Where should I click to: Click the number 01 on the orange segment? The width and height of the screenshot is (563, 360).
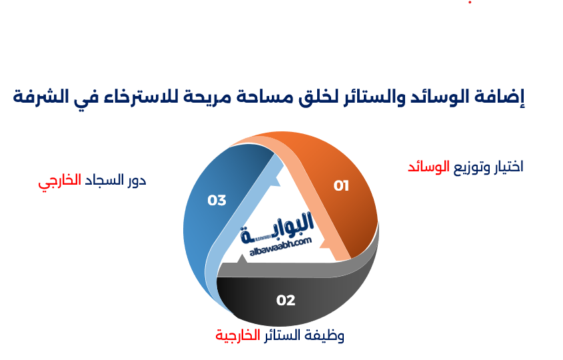[341, 186]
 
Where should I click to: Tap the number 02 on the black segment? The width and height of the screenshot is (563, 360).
[286, 301]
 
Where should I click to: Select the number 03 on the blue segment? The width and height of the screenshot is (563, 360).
[217, 200]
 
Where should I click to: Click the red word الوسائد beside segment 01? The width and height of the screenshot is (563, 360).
[428, 167]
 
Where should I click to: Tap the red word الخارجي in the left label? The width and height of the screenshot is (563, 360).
[59, 181]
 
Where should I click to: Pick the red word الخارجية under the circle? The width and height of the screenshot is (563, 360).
[237, 335]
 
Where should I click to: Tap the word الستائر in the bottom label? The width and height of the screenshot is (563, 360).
[281, 335]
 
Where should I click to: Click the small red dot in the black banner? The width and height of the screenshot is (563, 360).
[470, 3]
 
